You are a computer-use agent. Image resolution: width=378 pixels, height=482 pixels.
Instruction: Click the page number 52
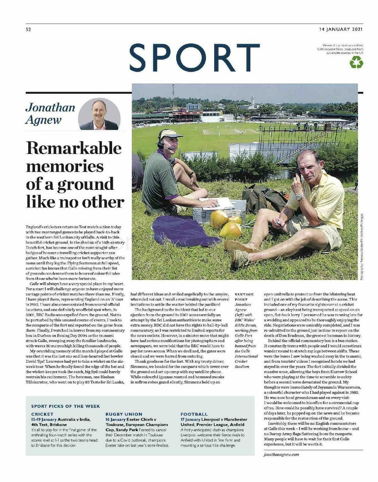point(28,30)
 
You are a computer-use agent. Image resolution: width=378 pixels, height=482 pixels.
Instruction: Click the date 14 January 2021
point(341,29)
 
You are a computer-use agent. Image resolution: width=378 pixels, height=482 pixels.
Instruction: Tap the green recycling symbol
point(357,62)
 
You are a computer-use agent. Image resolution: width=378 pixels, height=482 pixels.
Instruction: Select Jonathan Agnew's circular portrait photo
point(99,114)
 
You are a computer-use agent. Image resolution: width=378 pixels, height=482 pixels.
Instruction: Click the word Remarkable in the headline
point(73,148)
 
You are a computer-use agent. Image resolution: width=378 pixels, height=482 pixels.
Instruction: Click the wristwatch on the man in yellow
point(300,197)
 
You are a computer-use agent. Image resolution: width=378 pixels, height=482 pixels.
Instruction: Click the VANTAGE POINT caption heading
point(244,297)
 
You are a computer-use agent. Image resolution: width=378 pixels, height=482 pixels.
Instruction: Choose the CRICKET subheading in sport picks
point(42,414)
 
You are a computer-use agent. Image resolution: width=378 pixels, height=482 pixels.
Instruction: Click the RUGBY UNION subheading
point(124,414)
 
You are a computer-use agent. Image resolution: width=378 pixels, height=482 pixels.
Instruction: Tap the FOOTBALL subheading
point(194,414)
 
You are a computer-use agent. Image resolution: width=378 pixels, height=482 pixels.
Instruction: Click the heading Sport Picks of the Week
point(66,406)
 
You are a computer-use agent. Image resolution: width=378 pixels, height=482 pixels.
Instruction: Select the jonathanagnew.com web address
point(281,454)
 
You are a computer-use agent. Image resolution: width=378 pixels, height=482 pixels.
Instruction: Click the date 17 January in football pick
point(190,420)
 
